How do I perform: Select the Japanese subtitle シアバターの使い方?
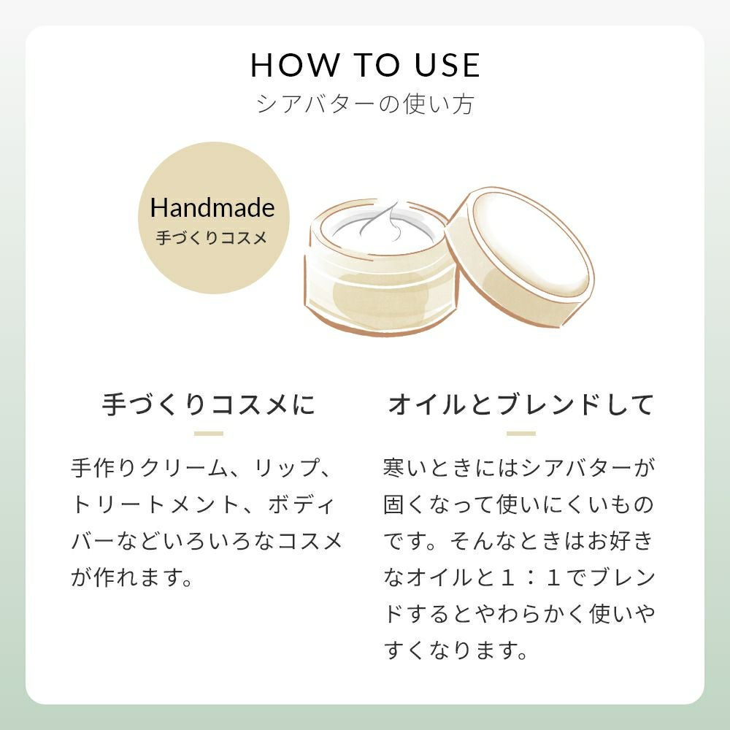(x=365, y=104)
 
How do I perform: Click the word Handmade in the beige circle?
(x=212, y=207)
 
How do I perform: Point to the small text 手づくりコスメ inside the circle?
(x=212, y=238)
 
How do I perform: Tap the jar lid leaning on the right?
(x=520, y=257)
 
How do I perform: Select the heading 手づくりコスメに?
(x=209, y=404)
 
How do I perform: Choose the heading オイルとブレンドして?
(x=521, y=404)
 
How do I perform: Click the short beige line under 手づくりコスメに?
(x=209, y=434)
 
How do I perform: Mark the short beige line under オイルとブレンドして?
(x=521, y=434)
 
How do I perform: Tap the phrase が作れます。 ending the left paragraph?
(x=131, y=577)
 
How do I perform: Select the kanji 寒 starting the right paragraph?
(x=394, y=467)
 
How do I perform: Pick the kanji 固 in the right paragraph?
(x=394, y=504)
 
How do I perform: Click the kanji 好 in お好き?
(x=620, y=541)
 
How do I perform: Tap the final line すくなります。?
(x=456, y=650)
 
